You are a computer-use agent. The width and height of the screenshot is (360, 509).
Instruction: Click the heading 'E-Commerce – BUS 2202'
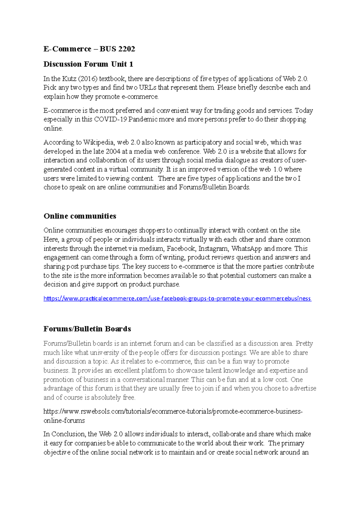point(89,49)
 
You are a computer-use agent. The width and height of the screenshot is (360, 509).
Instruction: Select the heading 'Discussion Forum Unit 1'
point(88,64)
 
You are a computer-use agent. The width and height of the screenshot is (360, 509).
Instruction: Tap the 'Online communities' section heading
point(80,216)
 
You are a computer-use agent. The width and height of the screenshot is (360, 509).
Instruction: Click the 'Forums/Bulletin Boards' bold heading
point(87,329)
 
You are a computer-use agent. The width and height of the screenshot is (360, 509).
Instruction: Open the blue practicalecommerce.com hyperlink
point(177,299)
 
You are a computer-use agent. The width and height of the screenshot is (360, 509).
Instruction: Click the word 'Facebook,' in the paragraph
point(181,249)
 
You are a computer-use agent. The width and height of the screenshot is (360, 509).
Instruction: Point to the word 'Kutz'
point(69,79)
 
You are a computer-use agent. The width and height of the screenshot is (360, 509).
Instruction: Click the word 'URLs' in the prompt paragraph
point(148,88)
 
